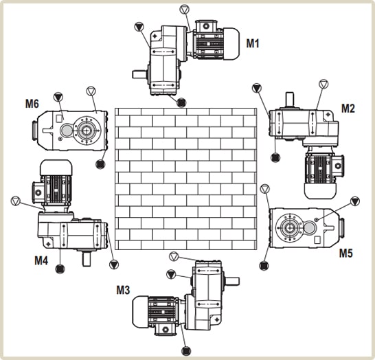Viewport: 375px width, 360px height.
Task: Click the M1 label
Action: pyautogui.click(x=253, y=43)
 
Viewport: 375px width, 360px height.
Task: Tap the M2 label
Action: pyautogui.click(x=348, y=109)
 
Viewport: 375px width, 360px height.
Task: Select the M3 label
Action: pyautogui.click(x=123, y=290)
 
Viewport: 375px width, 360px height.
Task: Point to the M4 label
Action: pyautogui.click(x=41, y=260)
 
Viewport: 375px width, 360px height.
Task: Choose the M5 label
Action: pyautogui.click(x=346, y=253)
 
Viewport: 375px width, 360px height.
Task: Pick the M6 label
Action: pyautogui.click(x=32, y=104)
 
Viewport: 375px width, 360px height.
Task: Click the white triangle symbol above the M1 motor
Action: pyautogui.click(x=184, y=10)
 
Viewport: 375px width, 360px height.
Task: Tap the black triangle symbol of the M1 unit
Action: pyautogui.click(x=139, y=27)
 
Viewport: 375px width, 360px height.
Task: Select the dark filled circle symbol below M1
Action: pyautogui.click(x=181, y=102)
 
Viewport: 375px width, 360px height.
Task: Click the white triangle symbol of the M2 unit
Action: pyautogui.click(x=323, y=85)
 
